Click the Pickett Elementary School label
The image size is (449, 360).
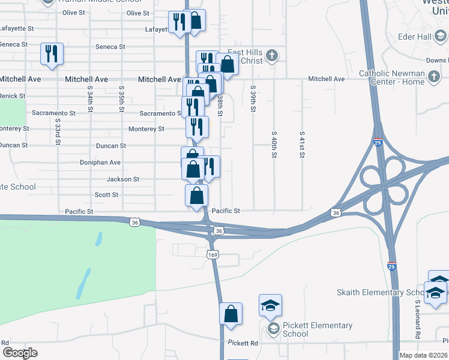coord(317,329)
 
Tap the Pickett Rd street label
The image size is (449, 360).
coord(243,343)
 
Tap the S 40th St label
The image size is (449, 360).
coord(274,146)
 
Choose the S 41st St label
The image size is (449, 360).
coord(301,146)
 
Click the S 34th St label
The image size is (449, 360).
coord(89,98)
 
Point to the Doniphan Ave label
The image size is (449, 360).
coord(100,163)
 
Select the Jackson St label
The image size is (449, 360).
coord(122,179)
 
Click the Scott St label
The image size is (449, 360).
coord(106,195)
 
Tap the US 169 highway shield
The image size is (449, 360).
coord(212,255)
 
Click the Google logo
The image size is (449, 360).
coord(20,352)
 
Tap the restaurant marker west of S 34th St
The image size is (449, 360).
coord(51,54)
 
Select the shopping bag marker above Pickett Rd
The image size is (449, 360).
coord(231,314)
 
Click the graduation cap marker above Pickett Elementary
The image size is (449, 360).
coord(270,306)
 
